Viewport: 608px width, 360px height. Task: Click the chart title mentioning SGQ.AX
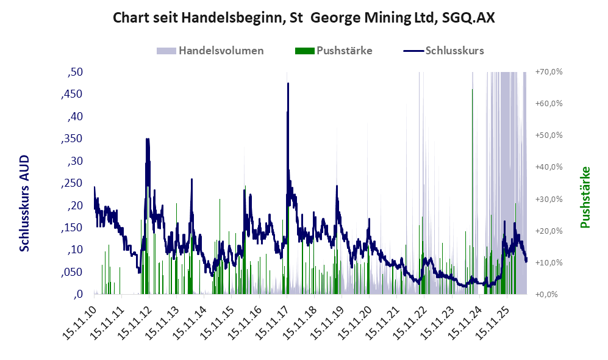[x=304, y=18]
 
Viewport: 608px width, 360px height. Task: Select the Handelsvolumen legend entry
[x=210, y=51]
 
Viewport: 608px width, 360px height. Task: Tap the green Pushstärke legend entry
[x=334, y=51]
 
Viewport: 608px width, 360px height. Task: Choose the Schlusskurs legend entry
[x=443, y=51]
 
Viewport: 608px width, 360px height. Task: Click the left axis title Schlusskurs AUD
[x=24, y=203]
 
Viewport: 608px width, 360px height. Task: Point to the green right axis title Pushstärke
[x=585, y=198]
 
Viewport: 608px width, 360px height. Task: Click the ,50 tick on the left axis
[x=75, y=72]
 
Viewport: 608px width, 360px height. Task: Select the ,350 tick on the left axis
[x=72, y=139]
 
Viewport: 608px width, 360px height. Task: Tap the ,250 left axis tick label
[x=72, y=183]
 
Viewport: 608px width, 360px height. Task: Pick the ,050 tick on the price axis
[x=72, y=272]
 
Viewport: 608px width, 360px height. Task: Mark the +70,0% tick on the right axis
[x=549, y=72]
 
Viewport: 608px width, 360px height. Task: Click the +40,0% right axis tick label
[x=549, y=167]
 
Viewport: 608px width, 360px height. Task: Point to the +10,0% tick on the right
[x=549, y=262]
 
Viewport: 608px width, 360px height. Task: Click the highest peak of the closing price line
[x=288, y=83]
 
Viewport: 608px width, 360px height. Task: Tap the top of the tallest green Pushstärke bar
[x=472, y=90]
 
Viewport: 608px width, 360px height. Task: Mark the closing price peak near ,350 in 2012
[x=148, y=139]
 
